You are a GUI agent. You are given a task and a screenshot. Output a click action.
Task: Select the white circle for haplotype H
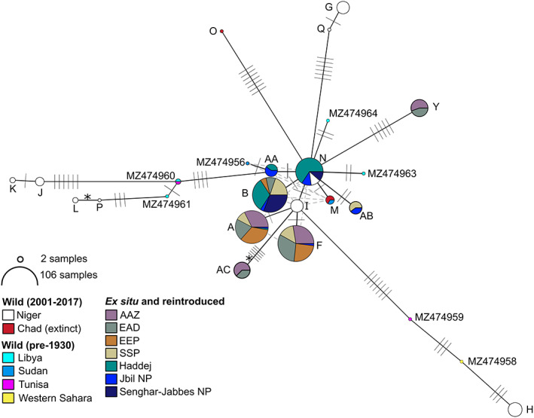pyautogui.click(x=515, y=409)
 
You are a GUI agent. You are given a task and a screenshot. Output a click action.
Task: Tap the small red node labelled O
pyautogui.click(x=222, y=31)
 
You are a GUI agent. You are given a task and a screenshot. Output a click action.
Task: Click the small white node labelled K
pyautogui.click(x=12, y=180)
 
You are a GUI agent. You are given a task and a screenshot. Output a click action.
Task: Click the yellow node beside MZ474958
pyautogui.click(x=462, y=362)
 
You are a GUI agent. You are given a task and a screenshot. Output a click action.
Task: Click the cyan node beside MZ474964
pyautogui.click(x=328, y=120)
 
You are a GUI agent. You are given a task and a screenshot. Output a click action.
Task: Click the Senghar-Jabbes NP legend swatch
pyautogui.click(x=109, y=398)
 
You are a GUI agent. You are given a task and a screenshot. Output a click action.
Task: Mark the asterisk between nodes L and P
pyautogui.click(x=87, y=197)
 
